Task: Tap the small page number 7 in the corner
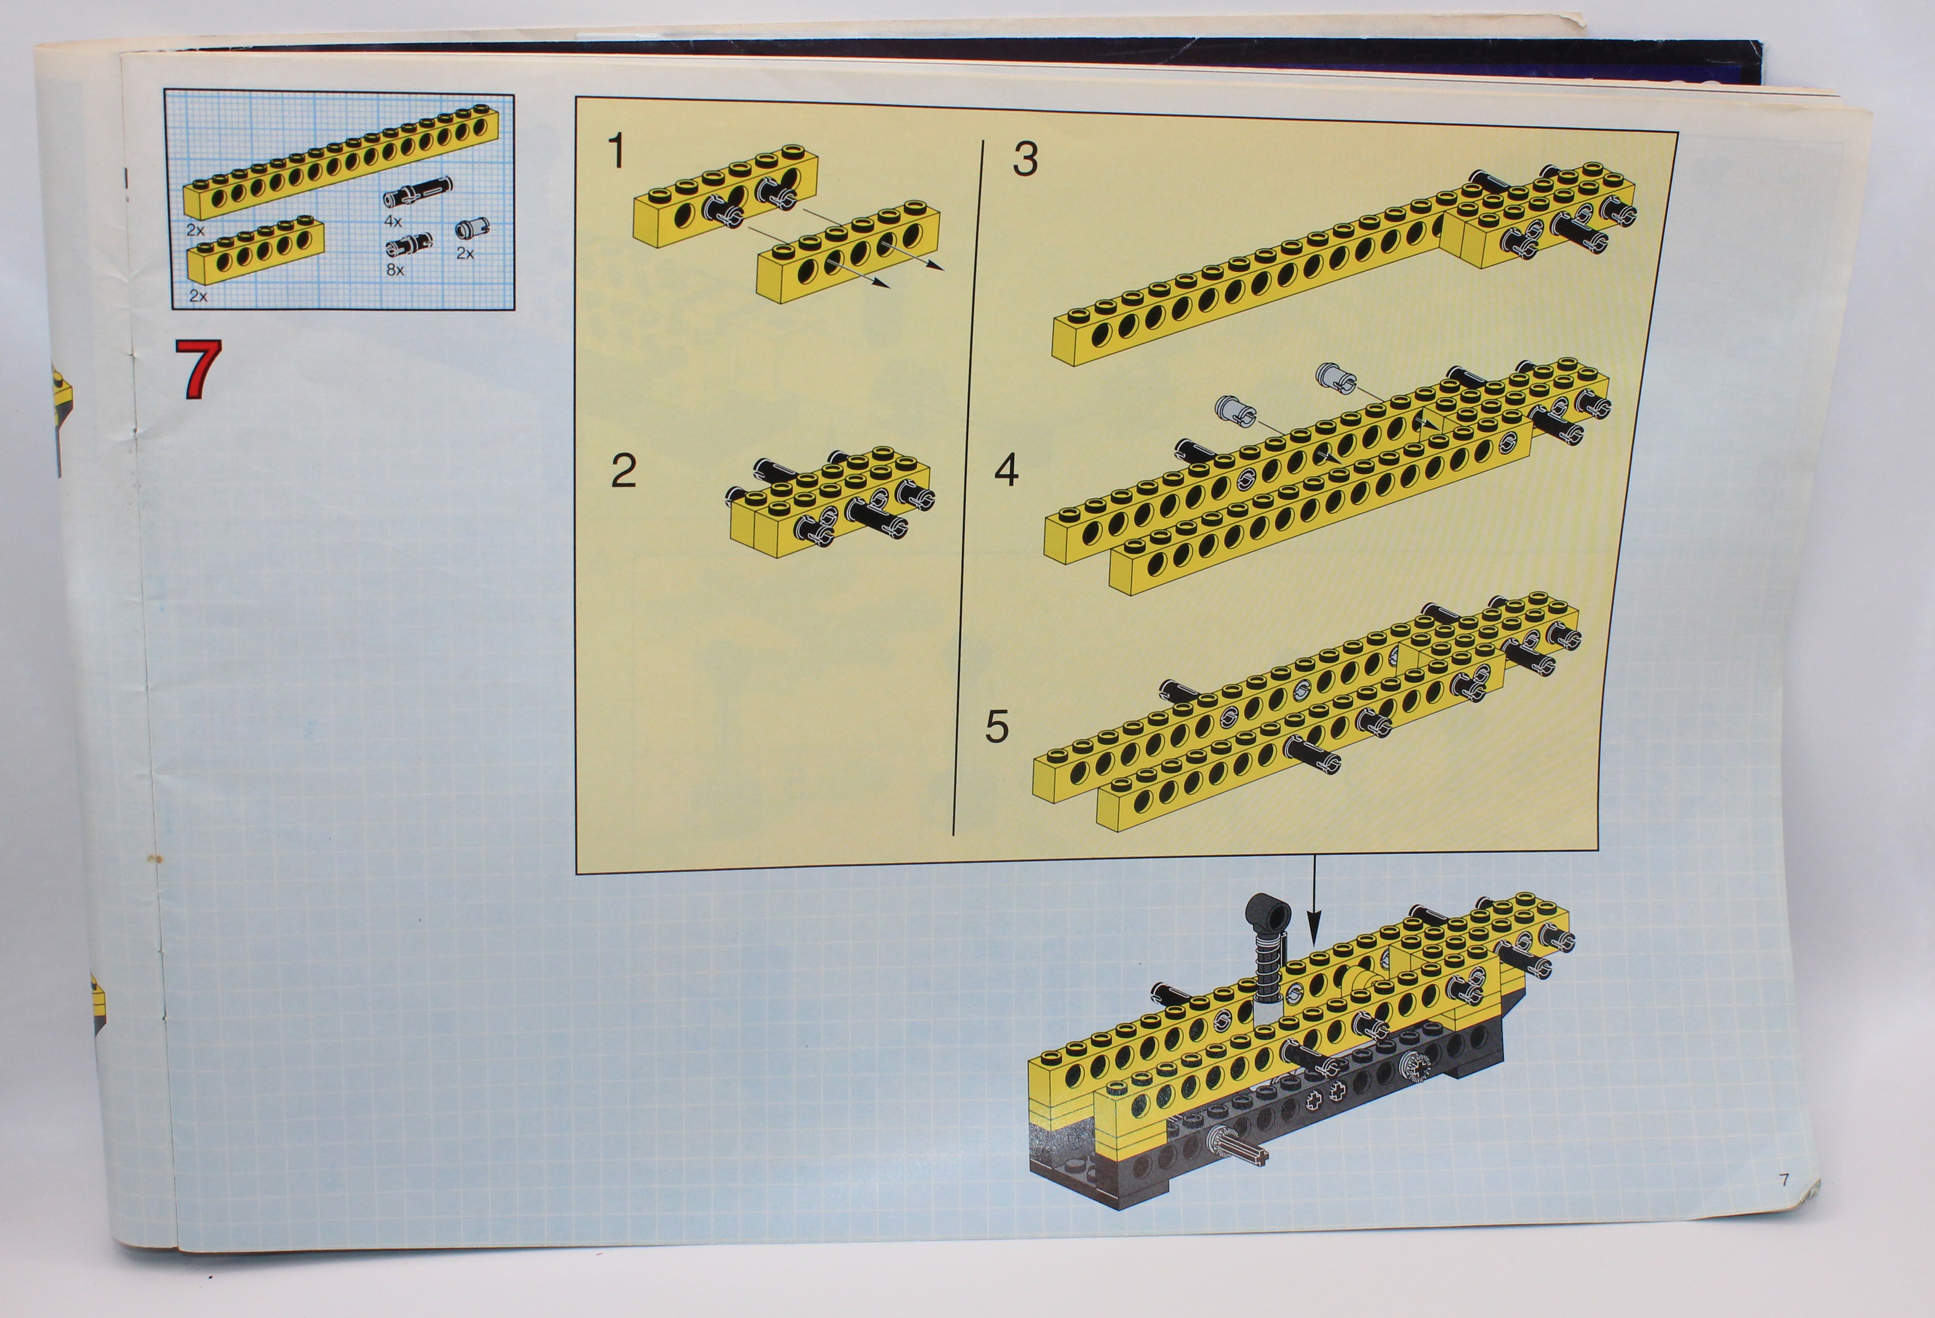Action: tap(1783, 1180)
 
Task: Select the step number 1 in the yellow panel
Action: tap(616, 151)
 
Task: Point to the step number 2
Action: tap(624, 471)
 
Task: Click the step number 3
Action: tap(1026, 159)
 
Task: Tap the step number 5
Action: tap(997, 726)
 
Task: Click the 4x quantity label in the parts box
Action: tap(393, 221)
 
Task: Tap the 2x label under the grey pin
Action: tap(464, 253)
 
